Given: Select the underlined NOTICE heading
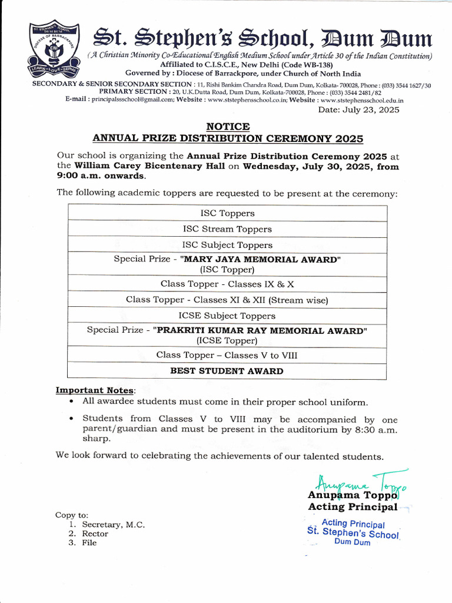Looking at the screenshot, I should point(228,127).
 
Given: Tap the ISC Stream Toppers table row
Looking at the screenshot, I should point(227,229).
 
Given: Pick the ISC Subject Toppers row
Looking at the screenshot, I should point(227,245).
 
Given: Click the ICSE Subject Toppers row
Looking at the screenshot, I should point(227,316).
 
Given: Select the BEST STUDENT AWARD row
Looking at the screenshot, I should point(227,371).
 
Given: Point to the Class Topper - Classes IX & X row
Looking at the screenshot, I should point(227,284).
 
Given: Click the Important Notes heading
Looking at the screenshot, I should point(95,390).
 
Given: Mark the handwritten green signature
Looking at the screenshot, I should point(360,481).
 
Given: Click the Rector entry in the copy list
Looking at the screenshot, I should point(95,534).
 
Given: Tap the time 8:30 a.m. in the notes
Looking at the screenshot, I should point(372,429).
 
